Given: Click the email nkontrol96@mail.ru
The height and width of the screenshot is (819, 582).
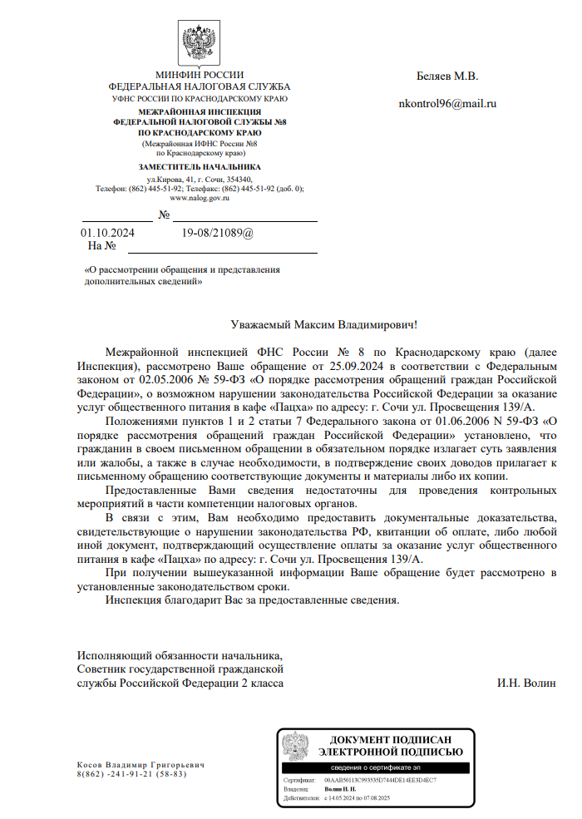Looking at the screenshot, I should tap(448, 104).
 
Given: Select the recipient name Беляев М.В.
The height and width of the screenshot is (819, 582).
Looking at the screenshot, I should tap(447, 76).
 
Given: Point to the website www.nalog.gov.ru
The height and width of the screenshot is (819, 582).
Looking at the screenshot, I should tap(200, 198).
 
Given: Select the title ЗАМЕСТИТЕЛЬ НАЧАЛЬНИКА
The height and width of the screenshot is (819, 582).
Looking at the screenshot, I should tap(200, 167).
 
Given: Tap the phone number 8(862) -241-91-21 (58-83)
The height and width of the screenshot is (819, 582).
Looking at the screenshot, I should tap(131, 774).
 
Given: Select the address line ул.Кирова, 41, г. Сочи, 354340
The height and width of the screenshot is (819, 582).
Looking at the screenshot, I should tap(200, 179).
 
